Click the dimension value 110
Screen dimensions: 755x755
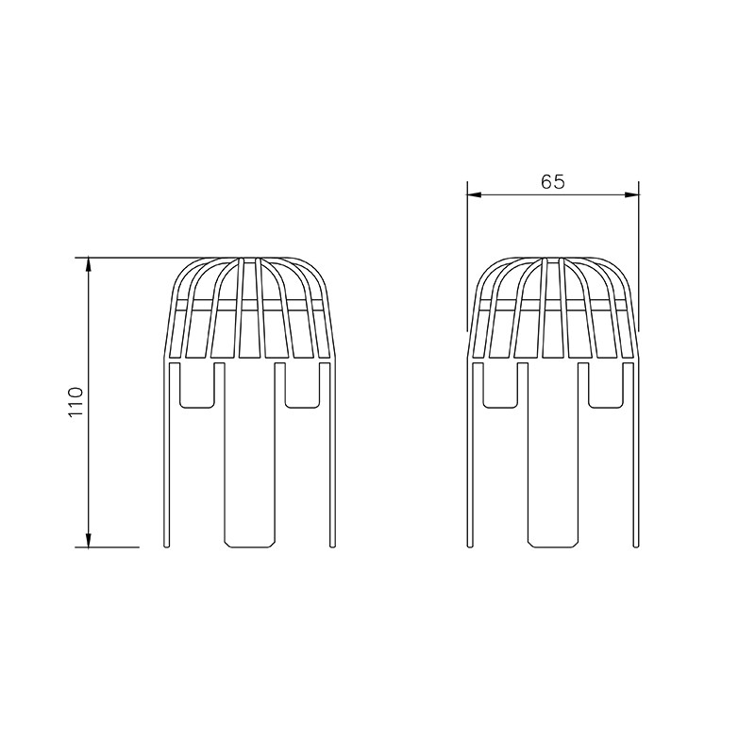click(x=77, y=402)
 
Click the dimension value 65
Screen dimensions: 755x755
click(x=552, y=182)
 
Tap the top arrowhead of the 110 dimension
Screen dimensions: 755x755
click(x=88, y=265)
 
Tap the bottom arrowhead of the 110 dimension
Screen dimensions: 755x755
click(x=88, y=540)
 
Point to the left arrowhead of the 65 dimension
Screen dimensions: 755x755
click(x=475, y=194)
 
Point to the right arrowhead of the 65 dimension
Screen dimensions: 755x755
click(x=631, y=194)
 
